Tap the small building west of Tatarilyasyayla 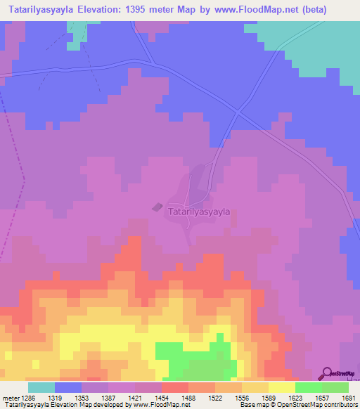(156, 207)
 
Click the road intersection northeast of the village (238, 112)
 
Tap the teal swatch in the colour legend (41, 387)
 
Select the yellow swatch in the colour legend (281, 387)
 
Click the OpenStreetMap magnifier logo (326, 372)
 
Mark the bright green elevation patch (197, 358)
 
